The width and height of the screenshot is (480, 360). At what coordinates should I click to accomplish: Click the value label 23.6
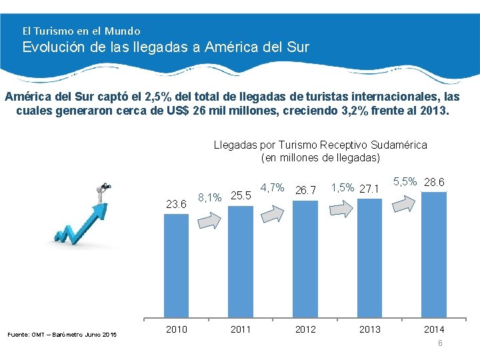(176, 204)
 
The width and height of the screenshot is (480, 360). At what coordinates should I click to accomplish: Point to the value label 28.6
(434, 182)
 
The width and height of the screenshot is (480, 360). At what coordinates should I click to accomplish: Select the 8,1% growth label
(210, 197)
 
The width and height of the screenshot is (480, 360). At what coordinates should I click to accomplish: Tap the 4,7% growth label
(273, 187)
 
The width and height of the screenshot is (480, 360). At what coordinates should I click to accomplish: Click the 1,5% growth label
(342, 187)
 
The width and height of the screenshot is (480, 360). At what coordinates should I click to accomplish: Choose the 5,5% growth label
(405, 181)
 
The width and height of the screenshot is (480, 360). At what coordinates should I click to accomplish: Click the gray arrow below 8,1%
(212, 219)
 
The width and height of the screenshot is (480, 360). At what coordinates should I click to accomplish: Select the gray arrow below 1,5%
(340, 209)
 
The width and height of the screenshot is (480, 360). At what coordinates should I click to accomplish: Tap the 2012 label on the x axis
(305, 329)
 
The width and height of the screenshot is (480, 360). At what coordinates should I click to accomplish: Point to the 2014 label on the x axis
(434, 329)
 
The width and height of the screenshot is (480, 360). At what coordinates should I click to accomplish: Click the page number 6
(440, 343)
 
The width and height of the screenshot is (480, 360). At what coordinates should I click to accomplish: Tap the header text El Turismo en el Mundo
(81, 31)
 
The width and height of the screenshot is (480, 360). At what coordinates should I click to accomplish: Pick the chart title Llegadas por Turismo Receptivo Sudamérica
(321, 145)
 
